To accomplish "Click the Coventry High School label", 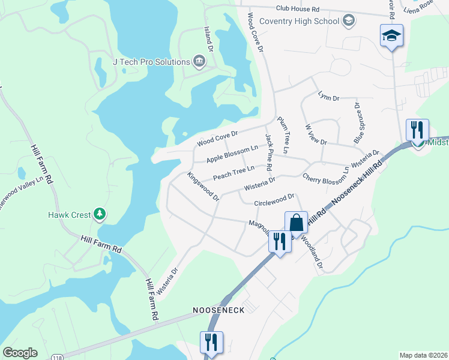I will tap(299, 22).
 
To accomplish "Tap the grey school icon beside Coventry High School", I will tap(348, 22).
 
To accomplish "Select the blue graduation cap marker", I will tap(391, 37).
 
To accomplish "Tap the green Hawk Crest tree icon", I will tap(100, 214).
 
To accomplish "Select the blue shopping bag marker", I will tap(296, 223).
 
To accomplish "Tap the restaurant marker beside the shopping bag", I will tap(279, 242).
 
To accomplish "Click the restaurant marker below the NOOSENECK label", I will tap(211, 343).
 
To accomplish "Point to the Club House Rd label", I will tap(298, 9).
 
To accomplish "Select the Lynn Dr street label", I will tap(328, 96).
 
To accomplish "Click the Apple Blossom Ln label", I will tap(232, 154).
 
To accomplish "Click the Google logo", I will tap(20, 352).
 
